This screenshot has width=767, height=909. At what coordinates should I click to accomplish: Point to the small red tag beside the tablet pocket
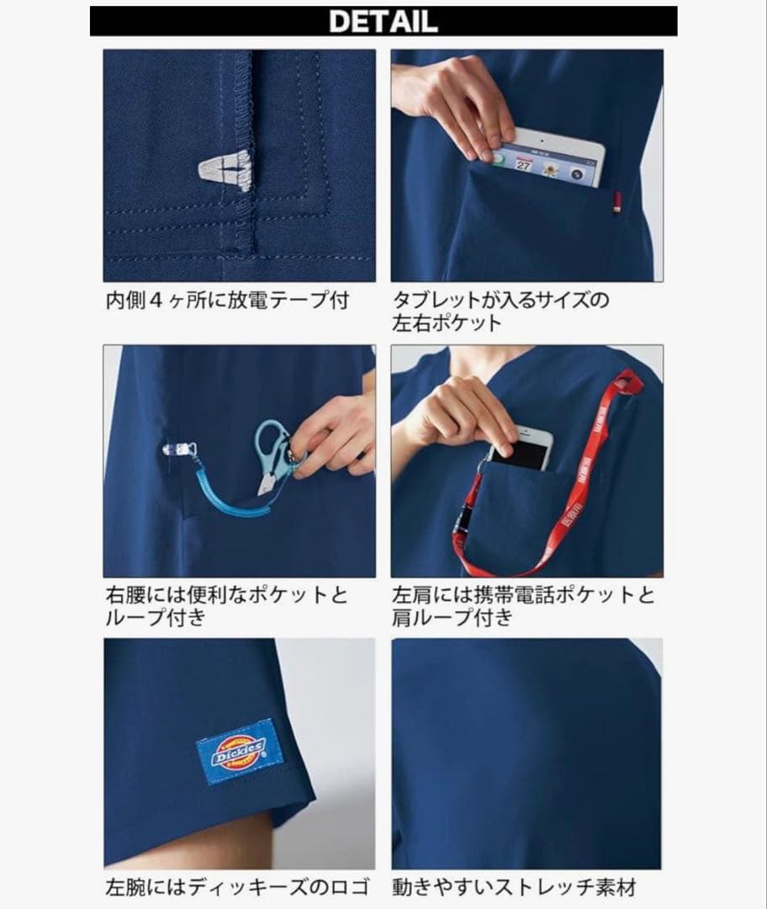616,202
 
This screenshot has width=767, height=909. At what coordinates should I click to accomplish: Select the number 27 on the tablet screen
523,165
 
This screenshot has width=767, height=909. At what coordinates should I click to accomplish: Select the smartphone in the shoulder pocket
521,449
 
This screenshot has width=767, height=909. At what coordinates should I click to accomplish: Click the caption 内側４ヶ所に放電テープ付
227,300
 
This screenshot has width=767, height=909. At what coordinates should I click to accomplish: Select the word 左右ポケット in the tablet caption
447,323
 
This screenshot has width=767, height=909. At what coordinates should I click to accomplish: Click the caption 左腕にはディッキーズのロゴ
236,886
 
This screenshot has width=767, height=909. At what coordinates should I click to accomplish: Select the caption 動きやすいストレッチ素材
514,886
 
